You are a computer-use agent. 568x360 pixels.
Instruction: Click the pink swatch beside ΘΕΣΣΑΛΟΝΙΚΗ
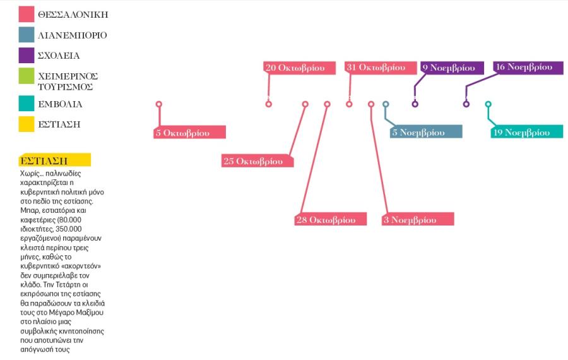pyautogui.click(x=27, y=14)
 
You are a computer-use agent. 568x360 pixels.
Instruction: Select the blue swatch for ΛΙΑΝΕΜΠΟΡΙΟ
pyautogui.click(x=27, y=35)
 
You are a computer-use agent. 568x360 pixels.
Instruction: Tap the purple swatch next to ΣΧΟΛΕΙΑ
pyautogui.click(x=27, y=55)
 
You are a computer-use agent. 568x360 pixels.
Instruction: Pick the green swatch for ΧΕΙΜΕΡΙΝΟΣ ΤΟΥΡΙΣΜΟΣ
pyautogui.click(x=27, y=76)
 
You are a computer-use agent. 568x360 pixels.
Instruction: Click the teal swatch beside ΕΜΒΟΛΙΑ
pyautogui.click(x=27, y=104)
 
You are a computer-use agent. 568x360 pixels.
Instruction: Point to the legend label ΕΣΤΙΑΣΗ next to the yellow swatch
pyautogui.click(x=59, y=124)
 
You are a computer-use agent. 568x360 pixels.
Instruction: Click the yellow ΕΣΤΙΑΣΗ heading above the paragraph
pyautogui.click(x=55, y=160)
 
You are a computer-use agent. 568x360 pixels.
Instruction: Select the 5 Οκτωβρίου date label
pyautogui.click(x=189, y=133)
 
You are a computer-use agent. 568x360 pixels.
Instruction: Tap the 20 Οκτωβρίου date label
pyautogui.click(x=300, y=68)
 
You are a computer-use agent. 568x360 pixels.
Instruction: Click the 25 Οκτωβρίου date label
pyautogui.click(x=257, y=161)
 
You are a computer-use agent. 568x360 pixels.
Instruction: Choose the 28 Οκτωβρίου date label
pyautogui.click(x=330, y=219)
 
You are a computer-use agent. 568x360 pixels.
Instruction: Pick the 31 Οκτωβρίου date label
pyautogui.click(x=381, y=68)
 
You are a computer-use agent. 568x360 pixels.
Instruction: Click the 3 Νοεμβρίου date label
pyautogui.click(x=418, y=219)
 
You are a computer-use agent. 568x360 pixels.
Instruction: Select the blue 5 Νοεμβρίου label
pyautogui.click(x=426, y=131)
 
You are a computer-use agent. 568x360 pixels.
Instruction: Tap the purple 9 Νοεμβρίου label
pyautogui.click(x=452, y=68)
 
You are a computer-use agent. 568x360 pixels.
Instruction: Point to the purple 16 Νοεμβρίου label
pyautogui.click(x=528, y=68)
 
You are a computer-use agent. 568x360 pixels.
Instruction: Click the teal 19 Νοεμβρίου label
pyautogui.click(x=527, y=131)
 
